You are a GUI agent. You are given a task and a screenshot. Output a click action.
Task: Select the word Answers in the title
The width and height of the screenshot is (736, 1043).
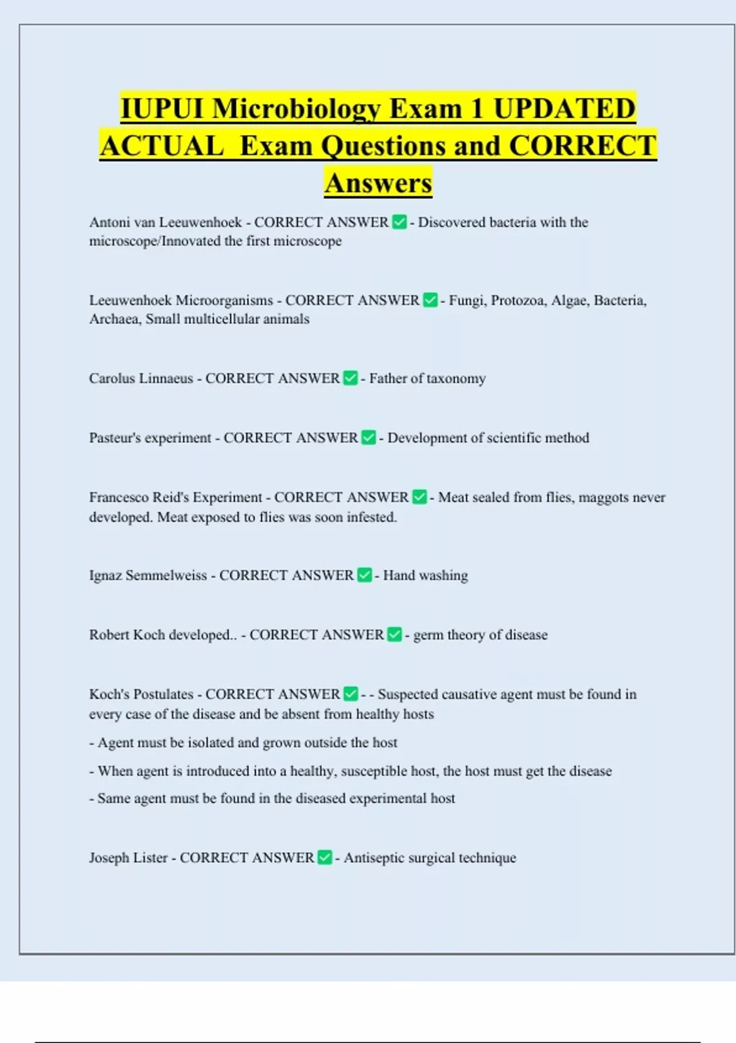click(x=378, y=183)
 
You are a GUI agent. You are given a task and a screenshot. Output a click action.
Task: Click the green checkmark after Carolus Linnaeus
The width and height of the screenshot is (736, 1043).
click(x=350, y=378)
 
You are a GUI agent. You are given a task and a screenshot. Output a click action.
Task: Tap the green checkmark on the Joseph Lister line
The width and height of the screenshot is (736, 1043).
click(x=325, y=857)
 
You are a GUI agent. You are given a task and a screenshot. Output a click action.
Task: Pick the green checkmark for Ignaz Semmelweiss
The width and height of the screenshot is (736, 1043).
click(x=364, y=575)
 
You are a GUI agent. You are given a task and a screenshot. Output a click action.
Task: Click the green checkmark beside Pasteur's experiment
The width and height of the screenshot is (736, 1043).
click(x=369, y=437)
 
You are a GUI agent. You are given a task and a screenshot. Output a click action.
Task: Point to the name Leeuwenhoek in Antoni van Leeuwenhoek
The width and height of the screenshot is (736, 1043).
click(x=200, y=222)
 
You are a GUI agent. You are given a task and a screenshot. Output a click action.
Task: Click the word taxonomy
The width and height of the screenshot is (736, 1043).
click(x=456, y=379)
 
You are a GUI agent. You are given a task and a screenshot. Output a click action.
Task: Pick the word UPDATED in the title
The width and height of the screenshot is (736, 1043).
click(x=564, y=109)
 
